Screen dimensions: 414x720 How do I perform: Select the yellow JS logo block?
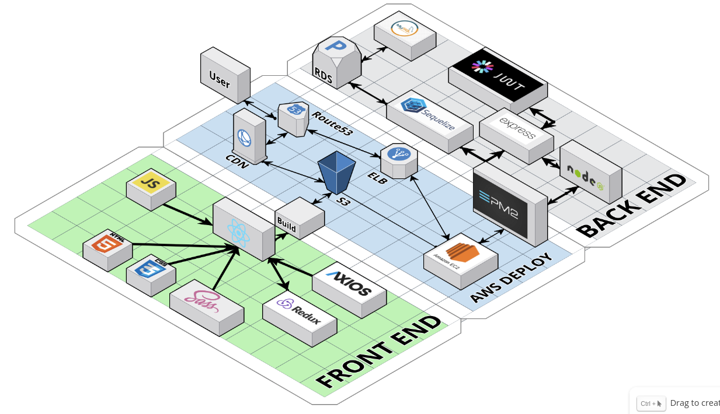pyautogui.click(x=151, y=186)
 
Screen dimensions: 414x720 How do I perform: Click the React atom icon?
pyautogui.click(x=239, y=231)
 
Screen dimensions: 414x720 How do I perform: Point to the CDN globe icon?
pyautogui.click(x=245, y=139)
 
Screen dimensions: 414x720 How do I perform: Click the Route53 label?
pyautogui.click(x=331, y=124)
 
